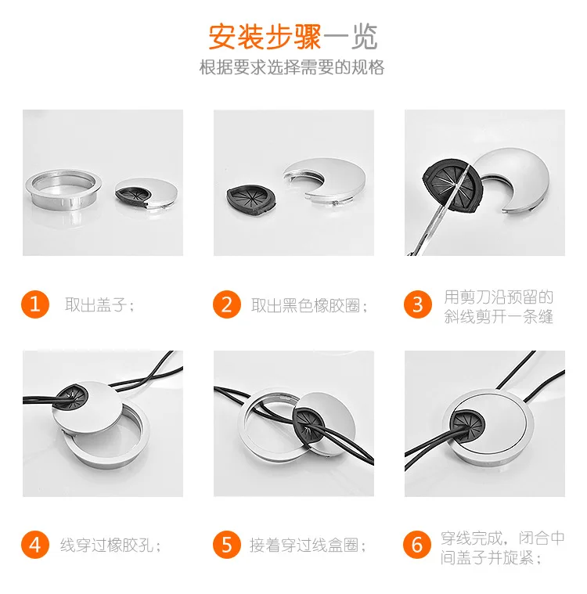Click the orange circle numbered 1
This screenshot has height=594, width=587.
(x=35, y=304)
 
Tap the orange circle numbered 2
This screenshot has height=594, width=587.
(x=227, y=304)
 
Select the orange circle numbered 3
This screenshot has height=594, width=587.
(x=418, y=304)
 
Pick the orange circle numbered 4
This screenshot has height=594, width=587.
(x=35, y=545)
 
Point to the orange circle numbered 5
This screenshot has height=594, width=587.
(x=227, y=545)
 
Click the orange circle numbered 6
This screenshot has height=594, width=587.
(x=417, y=545)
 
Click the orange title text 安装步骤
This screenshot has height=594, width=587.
(x=265, y=37)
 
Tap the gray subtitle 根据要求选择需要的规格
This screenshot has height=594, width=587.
(x=292, y=67)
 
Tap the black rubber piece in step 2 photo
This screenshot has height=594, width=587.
(x=251, y=200)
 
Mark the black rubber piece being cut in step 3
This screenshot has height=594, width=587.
(x=452, y=185)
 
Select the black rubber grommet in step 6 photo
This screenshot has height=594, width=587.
(x=467, y=424)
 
